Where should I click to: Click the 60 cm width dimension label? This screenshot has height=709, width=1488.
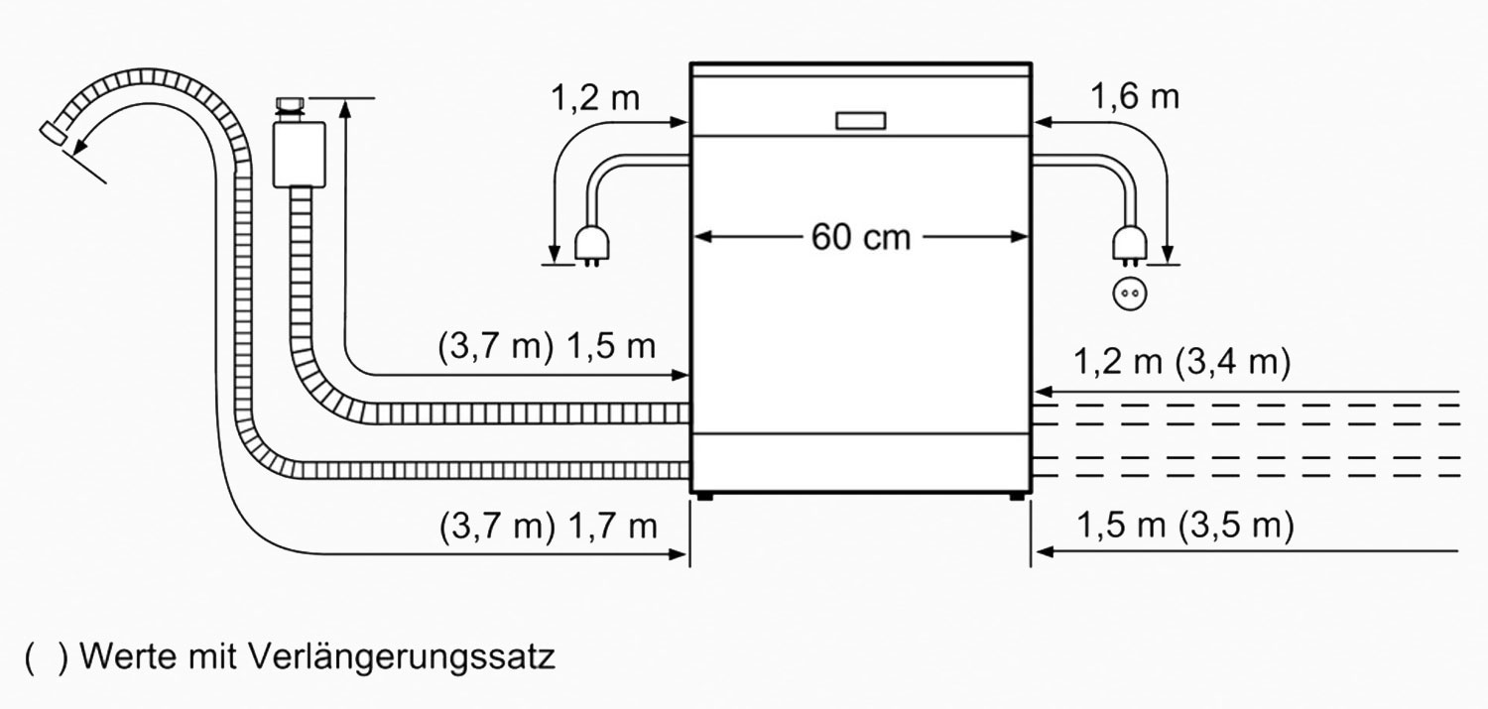[860, 237]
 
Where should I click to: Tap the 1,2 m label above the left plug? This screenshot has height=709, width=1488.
[595, 97]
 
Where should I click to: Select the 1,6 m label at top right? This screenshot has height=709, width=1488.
[1135, 97]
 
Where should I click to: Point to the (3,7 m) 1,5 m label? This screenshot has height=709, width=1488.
[547, 346]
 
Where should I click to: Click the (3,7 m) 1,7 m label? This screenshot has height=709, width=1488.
[548, 527]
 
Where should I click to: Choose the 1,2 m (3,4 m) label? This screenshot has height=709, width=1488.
[1181, 363]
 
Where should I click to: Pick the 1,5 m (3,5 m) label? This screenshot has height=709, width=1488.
[1185, 526]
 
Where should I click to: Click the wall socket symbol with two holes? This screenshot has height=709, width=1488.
[1129, 294]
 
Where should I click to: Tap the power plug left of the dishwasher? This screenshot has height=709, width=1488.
[591, 247]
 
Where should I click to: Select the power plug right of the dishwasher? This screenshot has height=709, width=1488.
[1129, 247]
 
